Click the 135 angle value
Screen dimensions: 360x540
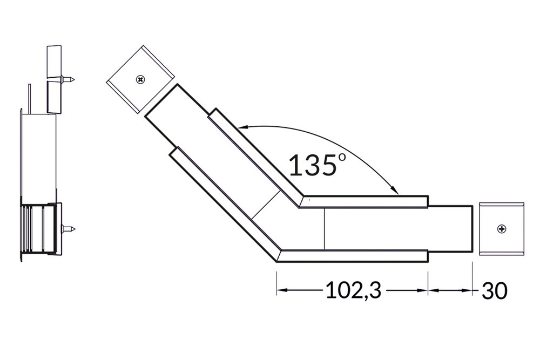click(312, 165)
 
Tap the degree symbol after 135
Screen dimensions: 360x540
click(342, 158)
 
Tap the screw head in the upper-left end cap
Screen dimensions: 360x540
click(140, 80)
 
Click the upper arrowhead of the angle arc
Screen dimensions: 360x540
click(241, 128)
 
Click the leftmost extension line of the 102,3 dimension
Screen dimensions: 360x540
click(276, 281)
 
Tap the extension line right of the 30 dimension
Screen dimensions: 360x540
click(473, 281)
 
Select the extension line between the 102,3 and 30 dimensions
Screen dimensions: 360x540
click(428, 281)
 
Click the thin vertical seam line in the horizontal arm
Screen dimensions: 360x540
click(324, 229)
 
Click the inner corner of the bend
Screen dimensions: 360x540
click(301, 199)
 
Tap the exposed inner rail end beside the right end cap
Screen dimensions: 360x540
click(450, 229)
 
